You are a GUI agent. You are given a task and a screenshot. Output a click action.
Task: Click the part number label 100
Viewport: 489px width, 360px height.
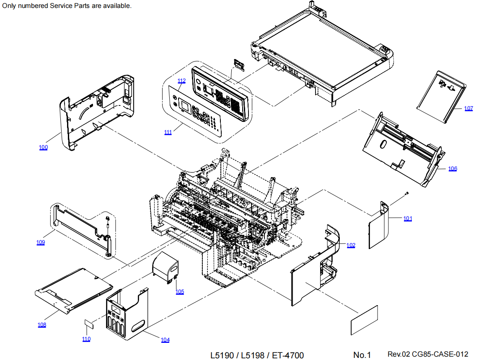43,147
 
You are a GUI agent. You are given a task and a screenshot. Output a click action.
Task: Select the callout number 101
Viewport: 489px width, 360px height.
408,219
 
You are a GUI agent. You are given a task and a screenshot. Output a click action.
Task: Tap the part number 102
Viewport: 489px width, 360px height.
351,245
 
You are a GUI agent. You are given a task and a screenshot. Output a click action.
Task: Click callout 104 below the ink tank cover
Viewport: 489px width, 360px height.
165,340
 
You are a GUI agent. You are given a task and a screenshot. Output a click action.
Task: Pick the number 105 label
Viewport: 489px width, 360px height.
179,292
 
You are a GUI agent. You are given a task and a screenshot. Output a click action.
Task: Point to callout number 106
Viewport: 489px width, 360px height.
453,169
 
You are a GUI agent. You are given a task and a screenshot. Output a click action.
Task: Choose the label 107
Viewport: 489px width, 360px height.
468,108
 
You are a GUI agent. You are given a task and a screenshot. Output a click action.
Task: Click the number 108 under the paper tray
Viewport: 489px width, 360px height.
42,325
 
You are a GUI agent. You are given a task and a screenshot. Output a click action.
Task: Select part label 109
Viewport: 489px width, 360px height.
40,242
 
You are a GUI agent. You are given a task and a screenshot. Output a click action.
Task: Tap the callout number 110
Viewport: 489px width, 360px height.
86,339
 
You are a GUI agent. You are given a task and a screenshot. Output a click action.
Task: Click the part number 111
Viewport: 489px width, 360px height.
168,132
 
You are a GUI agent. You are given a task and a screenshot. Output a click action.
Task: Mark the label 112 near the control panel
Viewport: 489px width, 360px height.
181,80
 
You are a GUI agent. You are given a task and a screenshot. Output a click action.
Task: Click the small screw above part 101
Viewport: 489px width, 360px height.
406,193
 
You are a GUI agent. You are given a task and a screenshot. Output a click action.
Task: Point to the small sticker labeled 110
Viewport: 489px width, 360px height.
89,324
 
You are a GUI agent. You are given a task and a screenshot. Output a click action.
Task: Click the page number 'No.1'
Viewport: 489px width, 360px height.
362,355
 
